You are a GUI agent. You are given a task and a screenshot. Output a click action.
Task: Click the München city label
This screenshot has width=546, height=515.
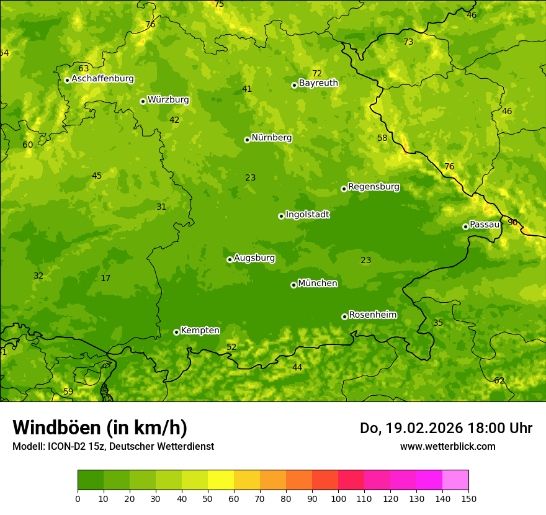pos(318,284)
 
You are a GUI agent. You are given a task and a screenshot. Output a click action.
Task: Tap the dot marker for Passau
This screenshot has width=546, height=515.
pos(465,226)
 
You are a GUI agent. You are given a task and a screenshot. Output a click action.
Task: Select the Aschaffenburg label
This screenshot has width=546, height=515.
pos(102,79)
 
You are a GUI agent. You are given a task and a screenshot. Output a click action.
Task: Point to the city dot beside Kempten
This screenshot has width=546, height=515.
pos(176,332)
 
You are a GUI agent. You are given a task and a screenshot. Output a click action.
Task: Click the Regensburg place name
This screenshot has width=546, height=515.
pos(374,187)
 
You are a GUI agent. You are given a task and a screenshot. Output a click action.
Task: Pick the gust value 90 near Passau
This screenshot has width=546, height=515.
pos(512,222)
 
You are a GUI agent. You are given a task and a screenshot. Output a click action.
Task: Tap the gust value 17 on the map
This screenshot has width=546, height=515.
pos(105,278)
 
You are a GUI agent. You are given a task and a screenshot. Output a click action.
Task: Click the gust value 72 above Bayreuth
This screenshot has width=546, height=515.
pos(317,73)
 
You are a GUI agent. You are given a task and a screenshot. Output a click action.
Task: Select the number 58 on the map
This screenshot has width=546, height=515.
pos(382,138)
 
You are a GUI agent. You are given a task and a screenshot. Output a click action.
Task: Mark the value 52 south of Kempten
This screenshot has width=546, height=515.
pos(231,347)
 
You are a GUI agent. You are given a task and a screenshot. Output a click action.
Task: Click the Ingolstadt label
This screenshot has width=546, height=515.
pos(307,215)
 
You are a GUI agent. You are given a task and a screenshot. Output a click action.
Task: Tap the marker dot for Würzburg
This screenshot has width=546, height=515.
pos(143,101)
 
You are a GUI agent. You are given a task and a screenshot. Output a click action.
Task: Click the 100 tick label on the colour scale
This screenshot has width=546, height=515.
pos(338,498)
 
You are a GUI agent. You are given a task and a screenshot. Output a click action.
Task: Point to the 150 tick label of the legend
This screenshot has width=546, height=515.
pos(468,498)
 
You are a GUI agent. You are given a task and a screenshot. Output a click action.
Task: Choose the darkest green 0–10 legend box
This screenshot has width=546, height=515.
pos(91,480)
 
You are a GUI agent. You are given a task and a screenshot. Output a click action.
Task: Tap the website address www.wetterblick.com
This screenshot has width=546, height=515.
pos(447,446)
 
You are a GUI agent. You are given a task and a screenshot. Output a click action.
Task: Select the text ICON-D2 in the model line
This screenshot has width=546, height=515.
pos(66,446)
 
